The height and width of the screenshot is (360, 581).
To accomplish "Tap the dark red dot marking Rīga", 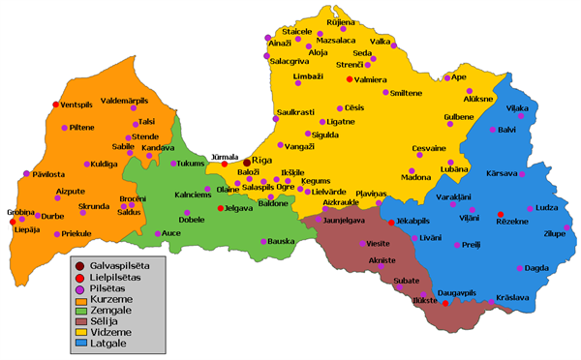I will tap(247, 162).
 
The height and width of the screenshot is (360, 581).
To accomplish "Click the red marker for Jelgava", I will tap(221, 208).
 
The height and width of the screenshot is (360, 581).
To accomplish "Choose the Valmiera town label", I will tap(373, 79).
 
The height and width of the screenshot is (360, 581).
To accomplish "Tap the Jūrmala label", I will tap(225, 155).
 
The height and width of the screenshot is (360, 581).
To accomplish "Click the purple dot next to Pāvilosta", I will tap(26, 174).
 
